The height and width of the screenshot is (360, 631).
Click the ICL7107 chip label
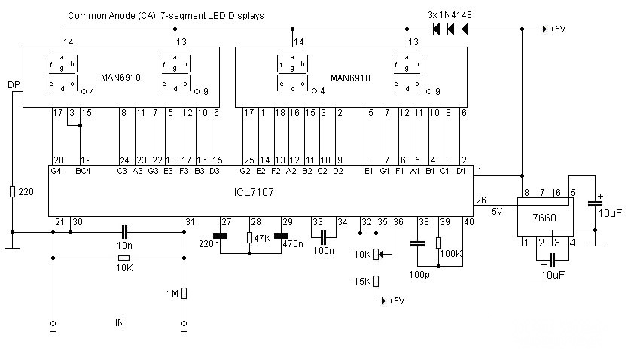tap(254, 192)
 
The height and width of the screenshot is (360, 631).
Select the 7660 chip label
tap(544, 218)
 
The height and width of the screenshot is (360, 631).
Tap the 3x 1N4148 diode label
tap(450, 15)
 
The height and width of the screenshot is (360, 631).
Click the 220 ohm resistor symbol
tap(12, 192)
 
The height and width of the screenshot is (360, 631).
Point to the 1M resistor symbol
tap(184, 294)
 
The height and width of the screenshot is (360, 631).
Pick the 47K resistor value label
tap(262, 239)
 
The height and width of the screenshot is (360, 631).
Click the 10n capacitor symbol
tap(124, 233)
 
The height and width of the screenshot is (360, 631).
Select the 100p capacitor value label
tap(419, 275)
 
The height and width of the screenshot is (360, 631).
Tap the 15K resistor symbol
tap(376, 281)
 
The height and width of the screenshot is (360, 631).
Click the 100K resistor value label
tap(451, 253)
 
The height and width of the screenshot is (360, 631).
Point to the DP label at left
tap(14, 85)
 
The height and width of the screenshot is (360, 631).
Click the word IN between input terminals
tap(120, 322)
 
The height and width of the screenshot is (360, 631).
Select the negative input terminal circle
tap(53, 323)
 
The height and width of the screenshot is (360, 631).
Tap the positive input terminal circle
tap(184, 323)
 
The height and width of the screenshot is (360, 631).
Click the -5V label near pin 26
tap(495, 212)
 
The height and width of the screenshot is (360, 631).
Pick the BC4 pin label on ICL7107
tap(83, 171)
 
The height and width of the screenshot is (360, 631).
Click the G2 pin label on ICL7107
tap(245, 171)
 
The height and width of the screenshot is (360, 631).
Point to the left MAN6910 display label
tap(120, 78)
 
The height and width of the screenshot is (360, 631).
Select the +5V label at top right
tap(558, 29)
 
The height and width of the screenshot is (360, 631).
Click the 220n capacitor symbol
tap(220, 236)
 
